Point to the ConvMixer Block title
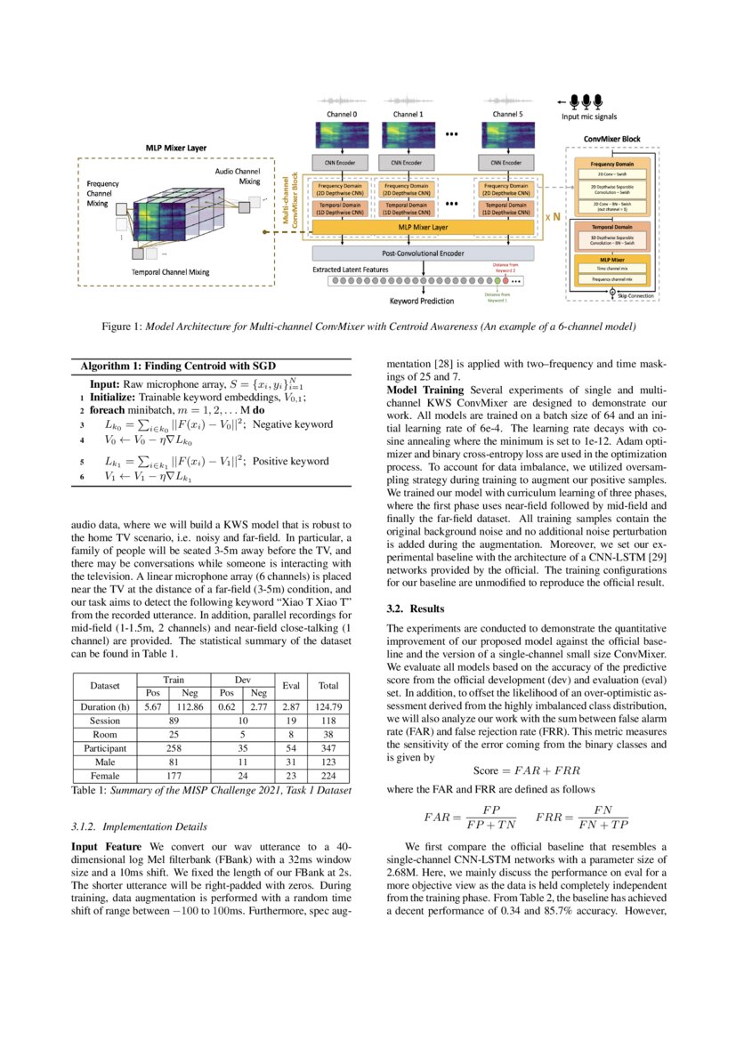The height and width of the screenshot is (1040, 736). pos(611,140)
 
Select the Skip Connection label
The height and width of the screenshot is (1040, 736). pos(635,295)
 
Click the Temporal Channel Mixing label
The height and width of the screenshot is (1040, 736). pos(170,270)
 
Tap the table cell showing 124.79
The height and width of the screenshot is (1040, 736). pos(329,707)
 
